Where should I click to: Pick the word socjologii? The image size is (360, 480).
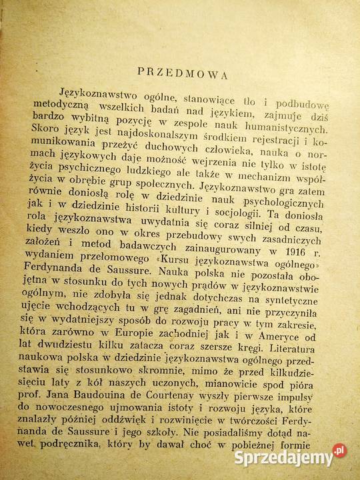click(243, 215)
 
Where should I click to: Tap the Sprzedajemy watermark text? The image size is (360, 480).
click(284, 459)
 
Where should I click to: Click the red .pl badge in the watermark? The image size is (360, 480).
click(339, 451)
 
